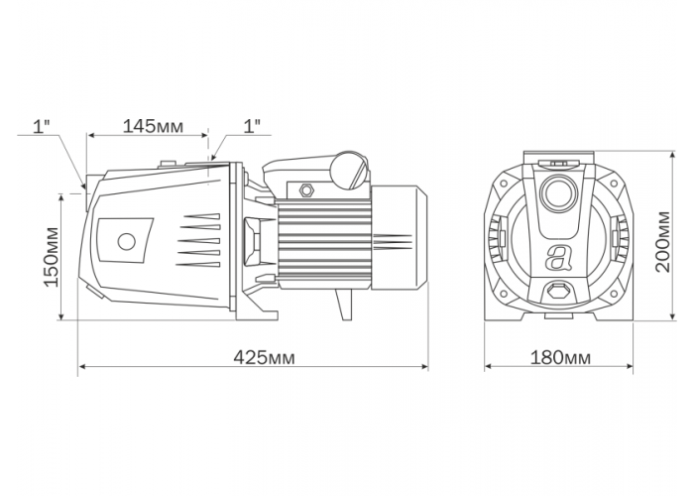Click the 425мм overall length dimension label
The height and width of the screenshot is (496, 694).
click(x=264, y=357)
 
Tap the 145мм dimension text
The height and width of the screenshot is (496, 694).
click(x=153, y=127)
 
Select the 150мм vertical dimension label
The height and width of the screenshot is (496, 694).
click(x=52, y=257)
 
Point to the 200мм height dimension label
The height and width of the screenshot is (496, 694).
click(x=663, y=242)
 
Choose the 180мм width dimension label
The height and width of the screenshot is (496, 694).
click(x=560, y=358)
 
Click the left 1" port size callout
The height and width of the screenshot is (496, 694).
click(x=41, y=127)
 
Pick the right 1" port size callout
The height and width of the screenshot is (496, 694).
click(x=252, y=127)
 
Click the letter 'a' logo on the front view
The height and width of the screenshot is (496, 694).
click(x=558, y=257)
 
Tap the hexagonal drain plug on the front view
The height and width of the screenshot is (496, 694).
click(x=558, y=292)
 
